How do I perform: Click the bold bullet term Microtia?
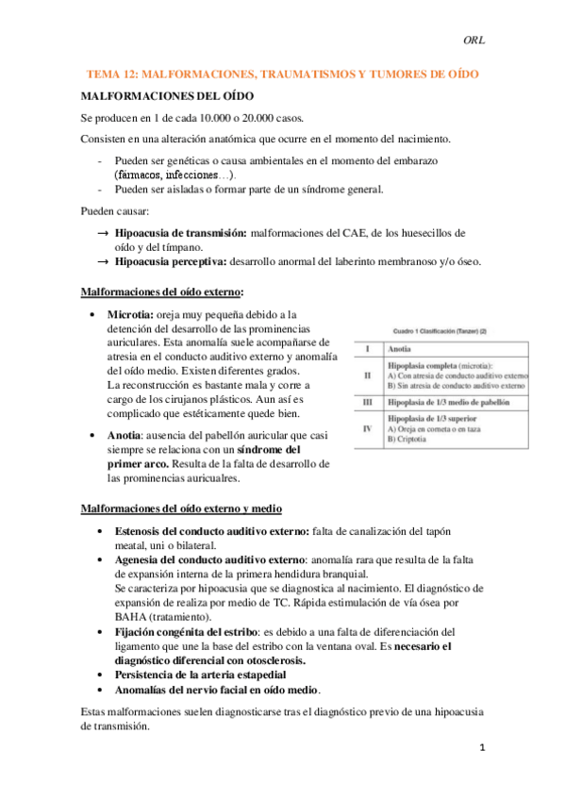tap(131, 313)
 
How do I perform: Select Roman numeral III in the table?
tap(367, 401)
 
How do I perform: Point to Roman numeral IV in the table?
tap(367, 428)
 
